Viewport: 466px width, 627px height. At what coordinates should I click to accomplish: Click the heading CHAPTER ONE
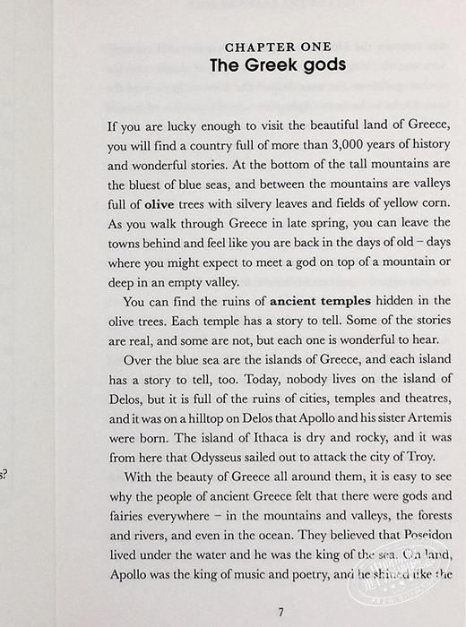tap(278, 47)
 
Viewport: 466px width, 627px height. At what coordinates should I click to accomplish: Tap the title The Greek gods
tap(278, 65)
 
